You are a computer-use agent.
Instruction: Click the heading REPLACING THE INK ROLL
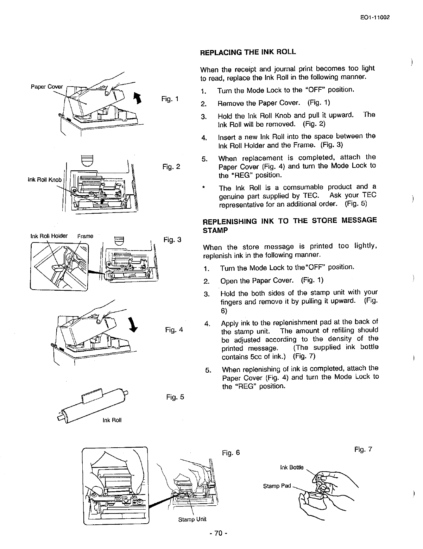(248, 52)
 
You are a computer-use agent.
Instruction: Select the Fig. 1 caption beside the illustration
(170, 99)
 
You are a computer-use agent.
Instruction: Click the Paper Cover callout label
(46, 87)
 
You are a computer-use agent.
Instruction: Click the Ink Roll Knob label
(44, 180)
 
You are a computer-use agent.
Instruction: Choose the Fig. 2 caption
(171, 166)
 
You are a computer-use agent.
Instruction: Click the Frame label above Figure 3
(86, 236)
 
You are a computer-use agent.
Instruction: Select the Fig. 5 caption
(175, 397)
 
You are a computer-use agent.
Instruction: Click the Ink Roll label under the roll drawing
(112, 420)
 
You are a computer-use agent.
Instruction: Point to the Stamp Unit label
(192, 519)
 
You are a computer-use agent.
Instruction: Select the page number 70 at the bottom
(218, 534)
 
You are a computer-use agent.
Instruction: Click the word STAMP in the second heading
(215, 231)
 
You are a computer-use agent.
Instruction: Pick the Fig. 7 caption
(363, 449)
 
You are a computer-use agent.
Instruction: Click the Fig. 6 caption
(231, 453)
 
